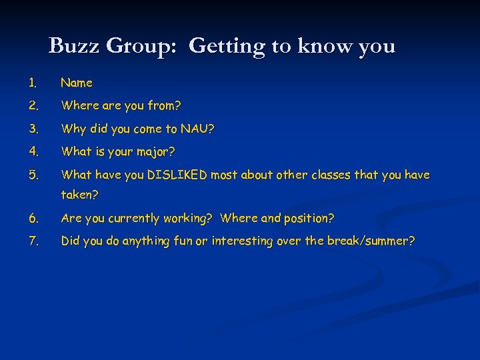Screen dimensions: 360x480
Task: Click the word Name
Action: point(77,83)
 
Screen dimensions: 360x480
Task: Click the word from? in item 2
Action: point(167,106)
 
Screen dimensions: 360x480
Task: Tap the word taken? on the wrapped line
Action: point(79,195)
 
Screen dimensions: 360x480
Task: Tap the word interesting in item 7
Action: point(242,241)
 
